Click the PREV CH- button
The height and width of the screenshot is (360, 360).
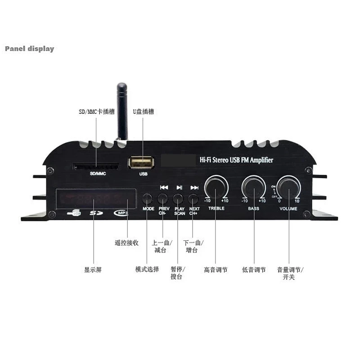163,198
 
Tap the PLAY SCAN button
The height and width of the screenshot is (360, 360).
179,198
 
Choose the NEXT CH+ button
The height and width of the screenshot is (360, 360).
193,198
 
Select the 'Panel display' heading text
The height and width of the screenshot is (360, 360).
29,49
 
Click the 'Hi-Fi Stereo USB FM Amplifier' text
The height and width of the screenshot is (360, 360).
236,160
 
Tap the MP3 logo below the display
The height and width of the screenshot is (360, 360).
121,212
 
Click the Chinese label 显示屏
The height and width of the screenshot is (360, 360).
93,270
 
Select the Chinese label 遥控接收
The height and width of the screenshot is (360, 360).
126,243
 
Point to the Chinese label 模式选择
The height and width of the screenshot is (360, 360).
147,270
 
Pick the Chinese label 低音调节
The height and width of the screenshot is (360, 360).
254,270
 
